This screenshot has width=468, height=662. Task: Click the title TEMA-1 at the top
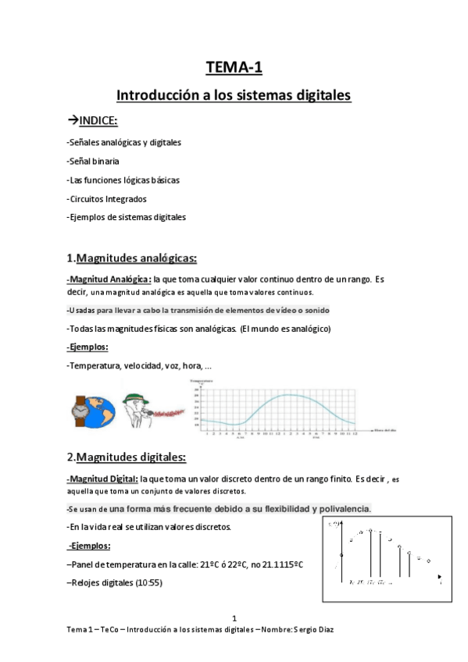click(234, 68)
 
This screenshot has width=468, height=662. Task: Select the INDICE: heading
click(97, 120)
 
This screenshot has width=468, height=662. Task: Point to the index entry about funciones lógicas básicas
click(123, 180)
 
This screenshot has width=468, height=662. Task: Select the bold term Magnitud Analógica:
click(109, 279)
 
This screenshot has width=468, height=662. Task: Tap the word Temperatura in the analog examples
click(95, 366)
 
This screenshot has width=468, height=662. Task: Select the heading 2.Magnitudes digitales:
click(126, 457)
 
